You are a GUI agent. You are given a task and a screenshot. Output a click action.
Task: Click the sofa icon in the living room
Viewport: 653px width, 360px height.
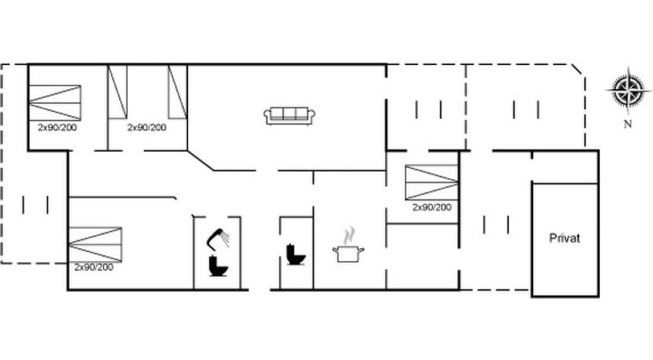[290, 116]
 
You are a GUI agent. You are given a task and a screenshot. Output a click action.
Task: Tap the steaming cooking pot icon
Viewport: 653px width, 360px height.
[348, 246]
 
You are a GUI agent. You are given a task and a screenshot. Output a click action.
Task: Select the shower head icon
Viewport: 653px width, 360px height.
[218, 239]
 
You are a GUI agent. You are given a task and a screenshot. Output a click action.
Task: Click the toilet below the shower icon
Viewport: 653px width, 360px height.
[218, 266]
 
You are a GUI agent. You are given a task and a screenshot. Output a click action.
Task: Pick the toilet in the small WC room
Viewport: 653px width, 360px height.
[296, 254]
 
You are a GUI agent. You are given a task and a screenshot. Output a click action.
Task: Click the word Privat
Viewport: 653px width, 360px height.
[565, 239]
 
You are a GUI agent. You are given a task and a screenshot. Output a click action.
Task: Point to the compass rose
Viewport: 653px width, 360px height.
[629, 90]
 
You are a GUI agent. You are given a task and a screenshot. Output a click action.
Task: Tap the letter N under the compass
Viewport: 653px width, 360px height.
[628, 124]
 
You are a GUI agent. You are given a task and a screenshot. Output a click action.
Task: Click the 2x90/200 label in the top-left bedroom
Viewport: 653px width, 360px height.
[57, 128]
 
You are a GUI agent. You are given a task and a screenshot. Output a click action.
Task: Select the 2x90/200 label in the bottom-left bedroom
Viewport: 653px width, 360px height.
[94, 267]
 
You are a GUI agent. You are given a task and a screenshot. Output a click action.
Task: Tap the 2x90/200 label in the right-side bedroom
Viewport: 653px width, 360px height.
[432, 207]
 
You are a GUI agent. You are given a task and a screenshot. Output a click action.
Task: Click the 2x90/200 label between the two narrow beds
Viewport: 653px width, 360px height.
[146, 128]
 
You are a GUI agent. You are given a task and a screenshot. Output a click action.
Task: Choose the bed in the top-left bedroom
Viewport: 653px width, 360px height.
[55, 103]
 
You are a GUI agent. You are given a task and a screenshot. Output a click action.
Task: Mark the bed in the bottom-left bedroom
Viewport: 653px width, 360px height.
[96, 245]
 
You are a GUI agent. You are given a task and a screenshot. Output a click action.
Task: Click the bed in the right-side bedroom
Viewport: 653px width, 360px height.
[432, 182]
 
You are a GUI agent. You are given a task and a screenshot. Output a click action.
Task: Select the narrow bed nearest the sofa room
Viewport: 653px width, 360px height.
[178, 92]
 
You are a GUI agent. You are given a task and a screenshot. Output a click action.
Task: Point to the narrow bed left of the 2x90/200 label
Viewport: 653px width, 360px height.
[117, 92]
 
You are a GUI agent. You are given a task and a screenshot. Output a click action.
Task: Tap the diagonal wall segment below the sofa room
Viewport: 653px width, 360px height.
[200, 160]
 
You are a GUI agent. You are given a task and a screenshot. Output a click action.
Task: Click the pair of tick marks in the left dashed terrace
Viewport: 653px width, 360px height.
[35, 205]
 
